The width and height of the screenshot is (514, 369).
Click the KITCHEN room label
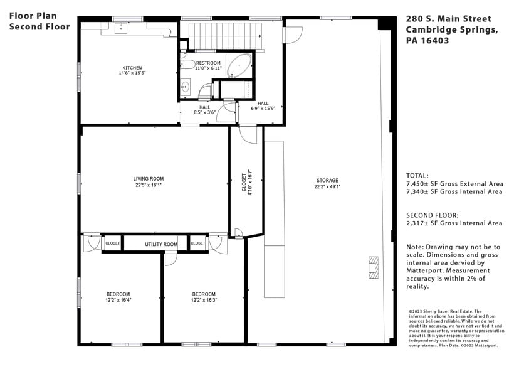pyautogui.click(x=132, y=68)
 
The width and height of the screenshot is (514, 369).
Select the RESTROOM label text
pyautogui.click(x=208, y=63)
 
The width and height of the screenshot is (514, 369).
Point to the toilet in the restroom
pyautogui.click(x=187, y=64)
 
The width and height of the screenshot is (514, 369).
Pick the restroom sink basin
pyautogui.click(x=185, y=87)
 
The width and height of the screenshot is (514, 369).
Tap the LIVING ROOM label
pyautogui.click(x=148, y=178)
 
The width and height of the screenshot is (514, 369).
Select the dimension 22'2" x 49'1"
pyautogui.click(x=327, y=186)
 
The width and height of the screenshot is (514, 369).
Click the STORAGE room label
pyautogui.click(x=327, y=180)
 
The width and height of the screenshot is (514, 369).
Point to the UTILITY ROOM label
pyautogui.click(x=161, y=244)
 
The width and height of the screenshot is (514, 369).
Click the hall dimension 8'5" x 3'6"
pyautogui.click(x=205, y=114)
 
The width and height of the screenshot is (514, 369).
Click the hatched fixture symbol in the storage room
pyautogui.click(x=374, y=267)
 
